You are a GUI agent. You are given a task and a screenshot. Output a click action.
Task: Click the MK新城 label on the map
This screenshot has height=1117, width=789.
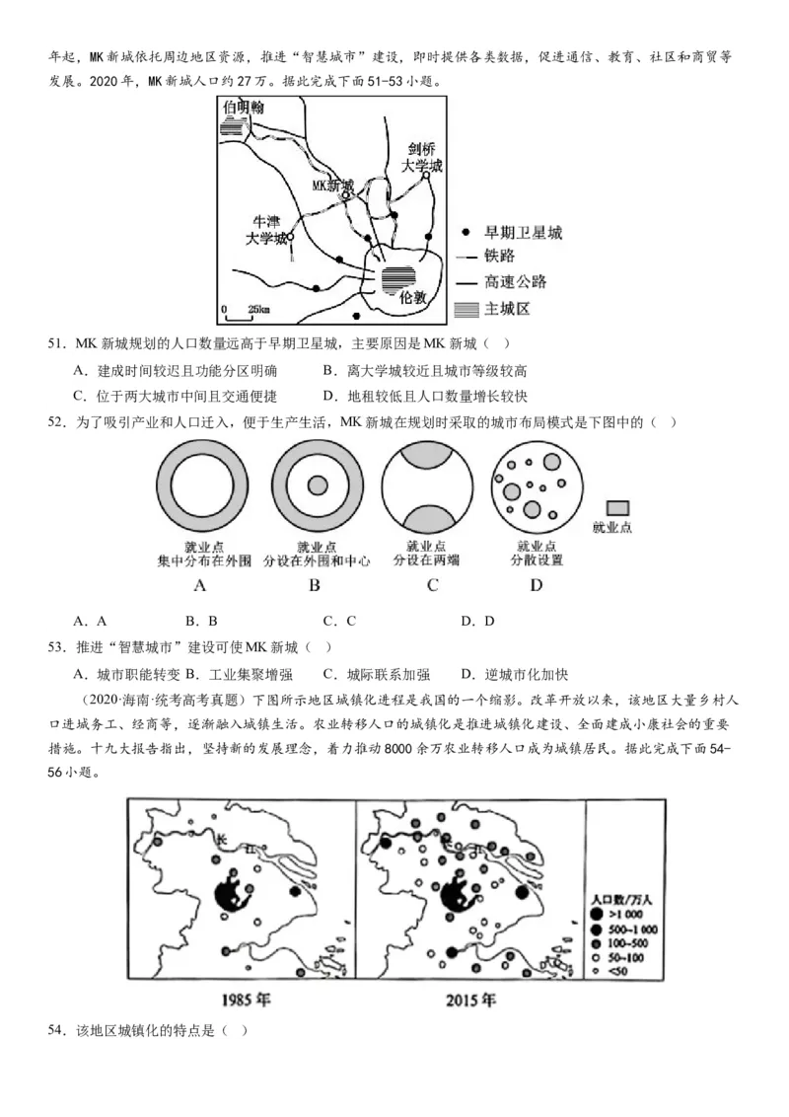332,185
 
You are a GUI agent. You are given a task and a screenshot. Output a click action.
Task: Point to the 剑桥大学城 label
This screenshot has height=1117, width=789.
422,158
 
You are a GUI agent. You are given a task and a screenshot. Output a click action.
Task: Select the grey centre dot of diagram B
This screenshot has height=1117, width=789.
318,485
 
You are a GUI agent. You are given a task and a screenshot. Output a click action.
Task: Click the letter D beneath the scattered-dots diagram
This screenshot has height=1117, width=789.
536,585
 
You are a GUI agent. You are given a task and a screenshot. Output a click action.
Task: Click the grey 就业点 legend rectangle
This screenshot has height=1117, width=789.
617,505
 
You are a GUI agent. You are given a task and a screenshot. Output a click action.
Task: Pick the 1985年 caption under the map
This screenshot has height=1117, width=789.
246,1000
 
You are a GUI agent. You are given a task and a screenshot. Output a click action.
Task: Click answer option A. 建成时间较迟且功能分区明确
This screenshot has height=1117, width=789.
175,371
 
